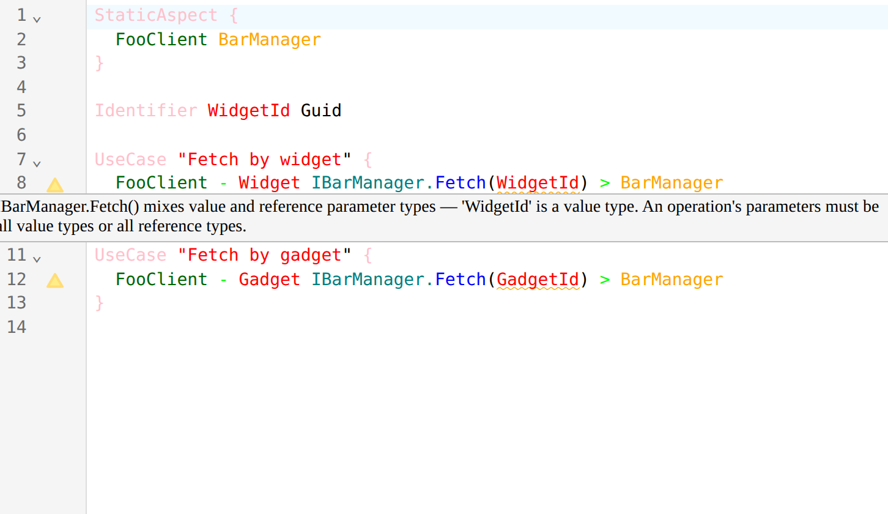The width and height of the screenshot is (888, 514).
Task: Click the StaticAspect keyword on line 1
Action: (156, 15)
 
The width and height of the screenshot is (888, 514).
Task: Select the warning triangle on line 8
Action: (55, 185)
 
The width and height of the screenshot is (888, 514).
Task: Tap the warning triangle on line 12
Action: (55, 280)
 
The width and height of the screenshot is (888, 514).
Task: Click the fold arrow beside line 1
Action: (37, 19)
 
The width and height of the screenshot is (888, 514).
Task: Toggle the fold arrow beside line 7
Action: (37, 163)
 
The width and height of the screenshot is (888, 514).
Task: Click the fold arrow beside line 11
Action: (37, 259)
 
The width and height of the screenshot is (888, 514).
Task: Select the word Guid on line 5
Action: (321, 111)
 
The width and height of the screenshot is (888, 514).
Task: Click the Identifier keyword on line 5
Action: (146, 111)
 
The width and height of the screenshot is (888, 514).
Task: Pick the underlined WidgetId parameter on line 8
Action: (538, 183)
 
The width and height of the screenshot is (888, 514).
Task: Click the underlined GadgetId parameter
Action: (538, 280)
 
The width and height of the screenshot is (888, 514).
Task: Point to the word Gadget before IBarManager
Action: (269, 280)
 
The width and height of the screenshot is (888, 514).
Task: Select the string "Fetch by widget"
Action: (264, 160)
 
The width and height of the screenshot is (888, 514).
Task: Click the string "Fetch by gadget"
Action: (264, 255)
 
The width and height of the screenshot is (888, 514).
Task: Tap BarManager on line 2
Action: (270, 40)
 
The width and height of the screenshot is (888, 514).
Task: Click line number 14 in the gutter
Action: (17, 327)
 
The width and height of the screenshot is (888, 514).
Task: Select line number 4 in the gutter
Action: (21, 88)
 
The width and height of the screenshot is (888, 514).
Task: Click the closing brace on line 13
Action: (99, 304)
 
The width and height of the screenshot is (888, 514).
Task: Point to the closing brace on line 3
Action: (99, 64)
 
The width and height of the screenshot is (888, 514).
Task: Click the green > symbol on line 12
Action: (605, 280)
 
